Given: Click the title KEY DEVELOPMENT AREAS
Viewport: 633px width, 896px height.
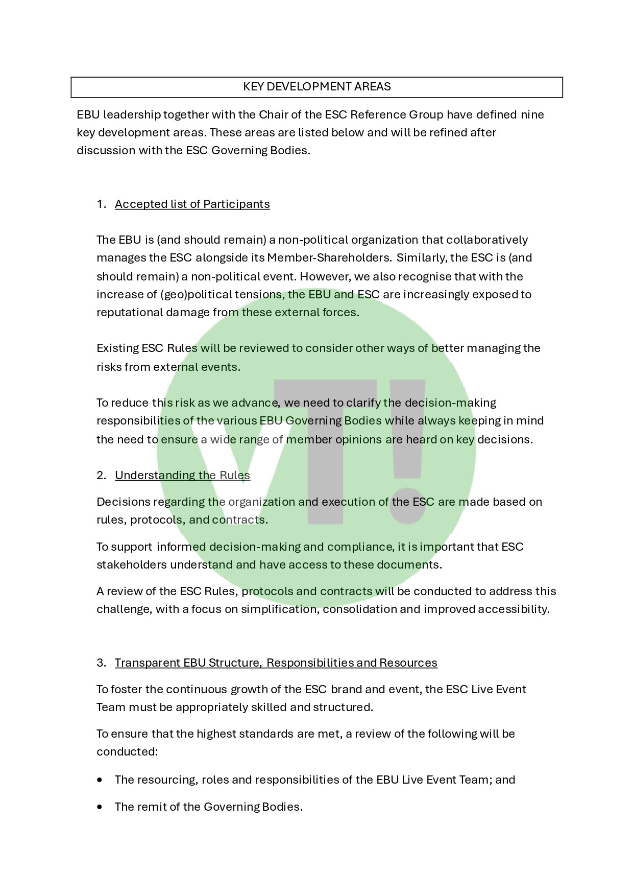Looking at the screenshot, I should [x=316, y=87].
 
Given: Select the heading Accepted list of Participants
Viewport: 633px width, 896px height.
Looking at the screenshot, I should [x=192, y=204].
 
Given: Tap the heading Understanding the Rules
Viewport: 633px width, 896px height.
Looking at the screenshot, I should [x=182, y=476].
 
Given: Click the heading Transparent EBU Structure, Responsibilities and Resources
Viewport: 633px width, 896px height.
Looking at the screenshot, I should [x=276, y=663].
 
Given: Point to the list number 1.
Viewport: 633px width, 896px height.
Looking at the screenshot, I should [x=101, y=204].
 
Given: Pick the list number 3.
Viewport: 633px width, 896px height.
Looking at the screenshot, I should [x=101, y=663].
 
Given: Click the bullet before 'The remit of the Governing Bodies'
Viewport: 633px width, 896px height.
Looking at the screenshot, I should [x=100, y=807].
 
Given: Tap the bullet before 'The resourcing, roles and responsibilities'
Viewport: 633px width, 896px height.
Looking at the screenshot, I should [x=100, y=780].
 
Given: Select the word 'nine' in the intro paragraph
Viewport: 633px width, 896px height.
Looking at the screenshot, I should [x=532, y=115].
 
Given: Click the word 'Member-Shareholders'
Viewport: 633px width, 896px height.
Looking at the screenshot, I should [x=329, y=258].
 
